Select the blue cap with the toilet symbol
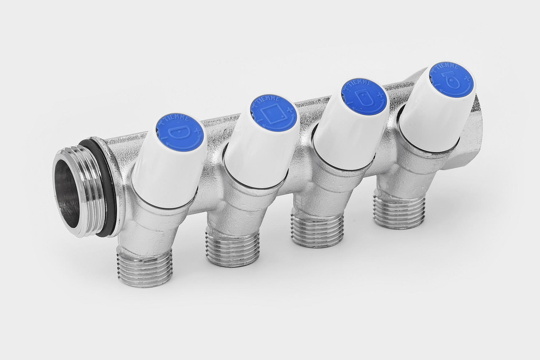coord(452,82)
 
